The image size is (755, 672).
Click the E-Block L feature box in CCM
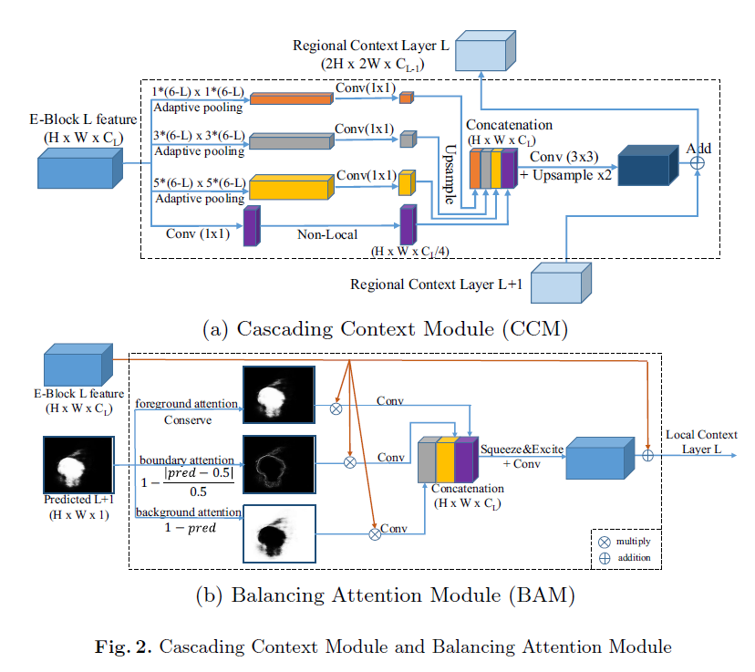[79, 169]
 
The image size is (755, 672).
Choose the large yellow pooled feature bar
[289, 188]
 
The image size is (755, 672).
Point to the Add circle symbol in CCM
[699, 161]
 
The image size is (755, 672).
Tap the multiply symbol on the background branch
[374, 532]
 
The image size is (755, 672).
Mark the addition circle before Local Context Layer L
[648, 453]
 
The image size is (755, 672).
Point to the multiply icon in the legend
[604, 541]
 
